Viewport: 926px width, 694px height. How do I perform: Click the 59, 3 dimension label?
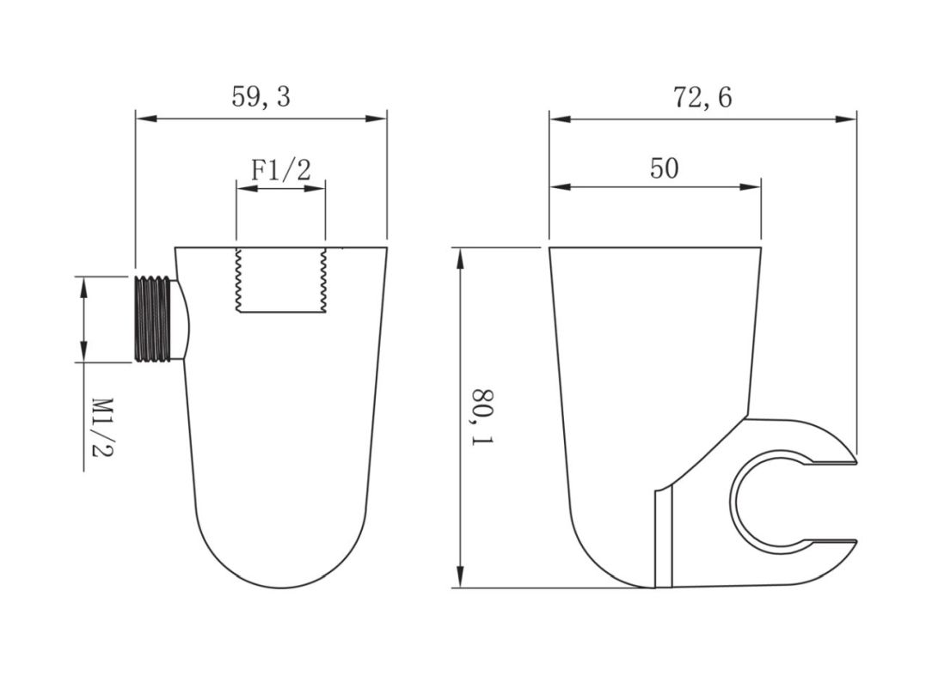[261, 97]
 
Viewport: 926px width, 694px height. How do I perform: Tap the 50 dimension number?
[665, 168]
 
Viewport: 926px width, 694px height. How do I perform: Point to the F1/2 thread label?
[280, 170]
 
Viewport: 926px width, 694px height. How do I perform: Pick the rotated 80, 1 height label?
[482, 417]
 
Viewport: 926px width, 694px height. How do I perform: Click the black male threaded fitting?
[154, 318]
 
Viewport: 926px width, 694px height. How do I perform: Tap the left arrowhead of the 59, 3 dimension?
[146, 119]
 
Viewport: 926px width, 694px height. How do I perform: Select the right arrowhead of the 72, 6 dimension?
[845, 119]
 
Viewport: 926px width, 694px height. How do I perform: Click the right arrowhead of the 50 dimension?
[750, 187]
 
